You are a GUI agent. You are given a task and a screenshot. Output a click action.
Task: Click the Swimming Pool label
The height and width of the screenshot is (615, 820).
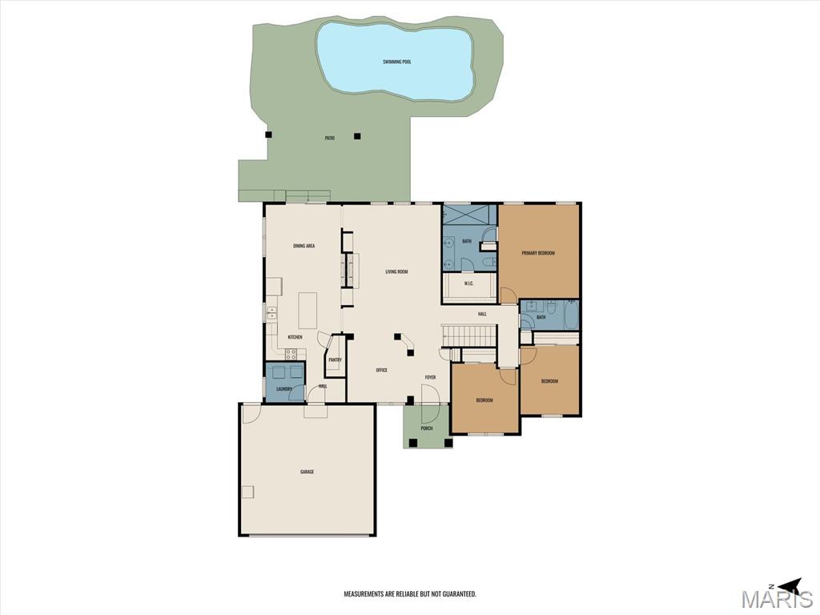396,62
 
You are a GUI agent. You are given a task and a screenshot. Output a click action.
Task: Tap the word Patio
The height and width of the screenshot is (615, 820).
329,138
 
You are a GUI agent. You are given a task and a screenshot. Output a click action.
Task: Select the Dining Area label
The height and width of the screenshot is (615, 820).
303,246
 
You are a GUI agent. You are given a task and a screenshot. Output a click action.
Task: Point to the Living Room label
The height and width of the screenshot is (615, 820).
396,272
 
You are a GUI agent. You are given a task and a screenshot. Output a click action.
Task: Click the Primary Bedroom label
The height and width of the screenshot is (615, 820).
538,253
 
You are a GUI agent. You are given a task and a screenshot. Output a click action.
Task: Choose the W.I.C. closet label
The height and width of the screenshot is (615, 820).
468,283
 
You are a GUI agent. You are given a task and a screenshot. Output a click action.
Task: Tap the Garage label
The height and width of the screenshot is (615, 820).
307,472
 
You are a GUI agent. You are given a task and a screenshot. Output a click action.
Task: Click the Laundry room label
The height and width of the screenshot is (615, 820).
284,389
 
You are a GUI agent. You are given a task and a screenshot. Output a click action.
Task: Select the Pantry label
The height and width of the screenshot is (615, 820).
335,360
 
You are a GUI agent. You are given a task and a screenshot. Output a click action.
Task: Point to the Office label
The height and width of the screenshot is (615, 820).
382,370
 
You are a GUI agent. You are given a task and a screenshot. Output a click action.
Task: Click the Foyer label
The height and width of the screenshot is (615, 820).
430,377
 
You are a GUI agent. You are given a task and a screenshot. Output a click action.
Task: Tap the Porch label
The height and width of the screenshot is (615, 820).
427,428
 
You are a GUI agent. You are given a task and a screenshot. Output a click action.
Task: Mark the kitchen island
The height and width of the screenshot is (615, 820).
307,311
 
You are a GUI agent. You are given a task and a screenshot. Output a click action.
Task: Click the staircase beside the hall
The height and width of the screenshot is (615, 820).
468,335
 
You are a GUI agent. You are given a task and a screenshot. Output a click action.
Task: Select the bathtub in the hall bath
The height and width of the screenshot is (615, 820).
571,314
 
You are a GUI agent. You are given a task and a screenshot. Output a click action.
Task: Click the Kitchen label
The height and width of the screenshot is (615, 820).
295,337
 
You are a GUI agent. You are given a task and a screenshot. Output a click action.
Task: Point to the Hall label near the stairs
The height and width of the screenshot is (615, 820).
482,314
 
